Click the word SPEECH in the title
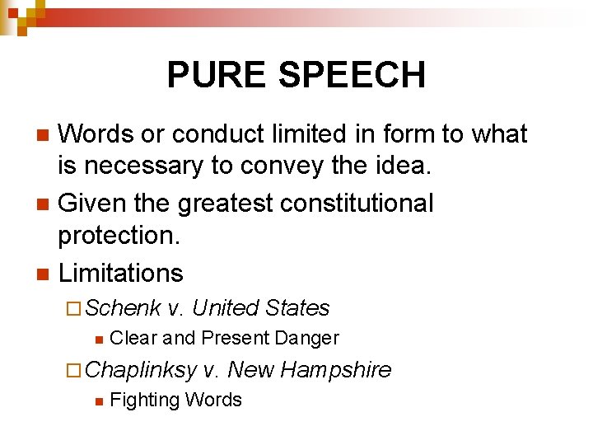353,75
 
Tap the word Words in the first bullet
98,133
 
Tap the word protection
120,237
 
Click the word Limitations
120,272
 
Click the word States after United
297,308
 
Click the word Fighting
144,400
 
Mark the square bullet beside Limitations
45,273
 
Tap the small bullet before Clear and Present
98,339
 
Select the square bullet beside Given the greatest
45,203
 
